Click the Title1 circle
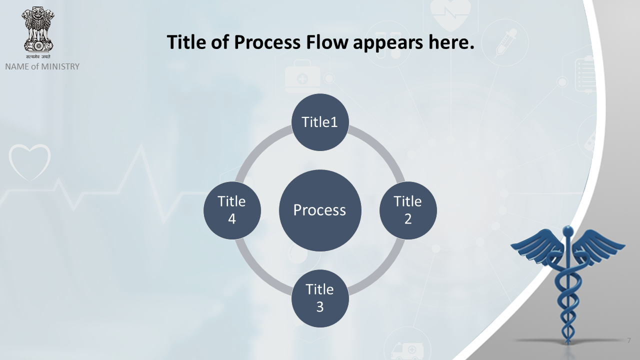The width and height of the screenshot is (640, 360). (x=320, y=122)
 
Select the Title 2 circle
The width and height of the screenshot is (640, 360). (x=408, y=210)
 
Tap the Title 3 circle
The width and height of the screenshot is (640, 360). (x=320, y=298)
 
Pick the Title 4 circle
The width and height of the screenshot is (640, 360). (x=232, y=210)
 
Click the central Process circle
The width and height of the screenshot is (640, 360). (x=320, y=210)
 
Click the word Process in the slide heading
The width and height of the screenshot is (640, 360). (x=267, y=42)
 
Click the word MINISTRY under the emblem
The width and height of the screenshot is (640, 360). (x=60, y=66)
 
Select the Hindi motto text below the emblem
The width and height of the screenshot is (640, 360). (x=38, y=56)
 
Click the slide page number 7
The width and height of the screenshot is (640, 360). (x=629, y=340)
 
